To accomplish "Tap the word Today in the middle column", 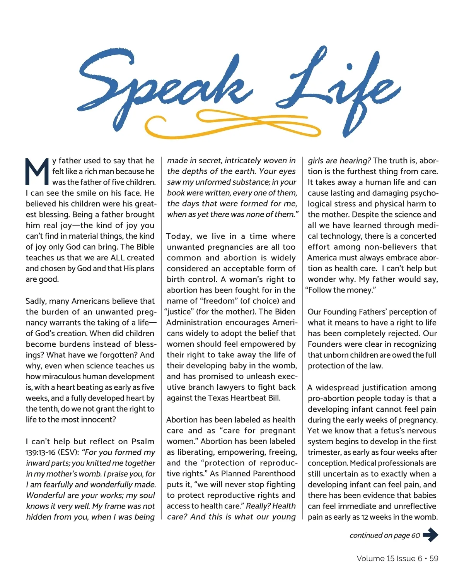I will [x=179, y=236].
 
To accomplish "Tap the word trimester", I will [x=324, y=452].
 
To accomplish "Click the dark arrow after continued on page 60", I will [x=430, y=535].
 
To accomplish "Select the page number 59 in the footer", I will [x=434, y=558].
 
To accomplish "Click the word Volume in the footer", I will [x=370, y=558].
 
